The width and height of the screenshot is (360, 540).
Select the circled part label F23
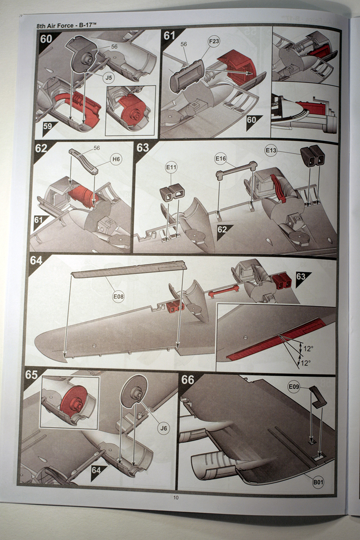pyautogui.click(x=214, y=41)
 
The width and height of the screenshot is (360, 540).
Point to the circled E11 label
pyautogui.click(x=171, y=167)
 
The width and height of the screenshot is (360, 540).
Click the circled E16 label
pyautogui.click(x=221, y=159)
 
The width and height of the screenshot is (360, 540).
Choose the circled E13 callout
pyautogui.click(x=271, y=150)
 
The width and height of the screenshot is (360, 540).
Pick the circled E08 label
pyautogui.click(x=118, y=297)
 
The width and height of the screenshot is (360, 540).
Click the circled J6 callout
pyautogui.click(x=164, y=429)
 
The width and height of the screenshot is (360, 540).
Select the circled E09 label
pyautogui.click(x=294, y=387)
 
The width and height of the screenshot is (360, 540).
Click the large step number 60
pyautogui.click(x=46, y=39)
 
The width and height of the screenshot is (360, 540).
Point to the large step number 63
pyautogui.click(x=142, y=147)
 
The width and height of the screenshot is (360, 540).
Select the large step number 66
pyautogui.click(x=188, y=380)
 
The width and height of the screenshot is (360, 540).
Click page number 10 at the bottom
pyautogui.click(x=176, y=497)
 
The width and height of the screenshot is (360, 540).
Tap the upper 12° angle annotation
pyautogui.click(x=308, y=349)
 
